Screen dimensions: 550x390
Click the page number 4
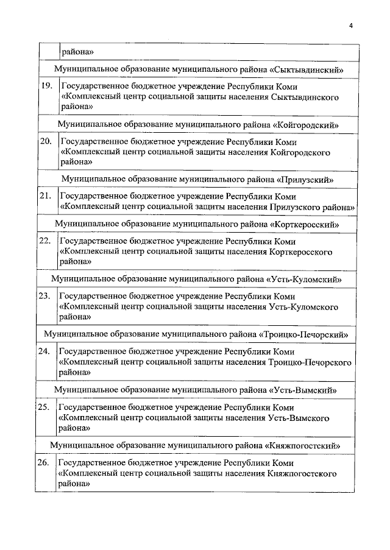click(351, 25)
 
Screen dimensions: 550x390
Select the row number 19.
click(46, 86)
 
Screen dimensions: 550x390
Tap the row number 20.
click(46, 141)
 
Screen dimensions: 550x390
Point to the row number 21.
click(44, 196)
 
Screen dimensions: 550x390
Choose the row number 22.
click(44, 241)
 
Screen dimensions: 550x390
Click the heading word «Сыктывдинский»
click(309, 69)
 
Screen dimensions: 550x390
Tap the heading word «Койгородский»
click(307, 124)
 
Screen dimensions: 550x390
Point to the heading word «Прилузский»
click(304, 180)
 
